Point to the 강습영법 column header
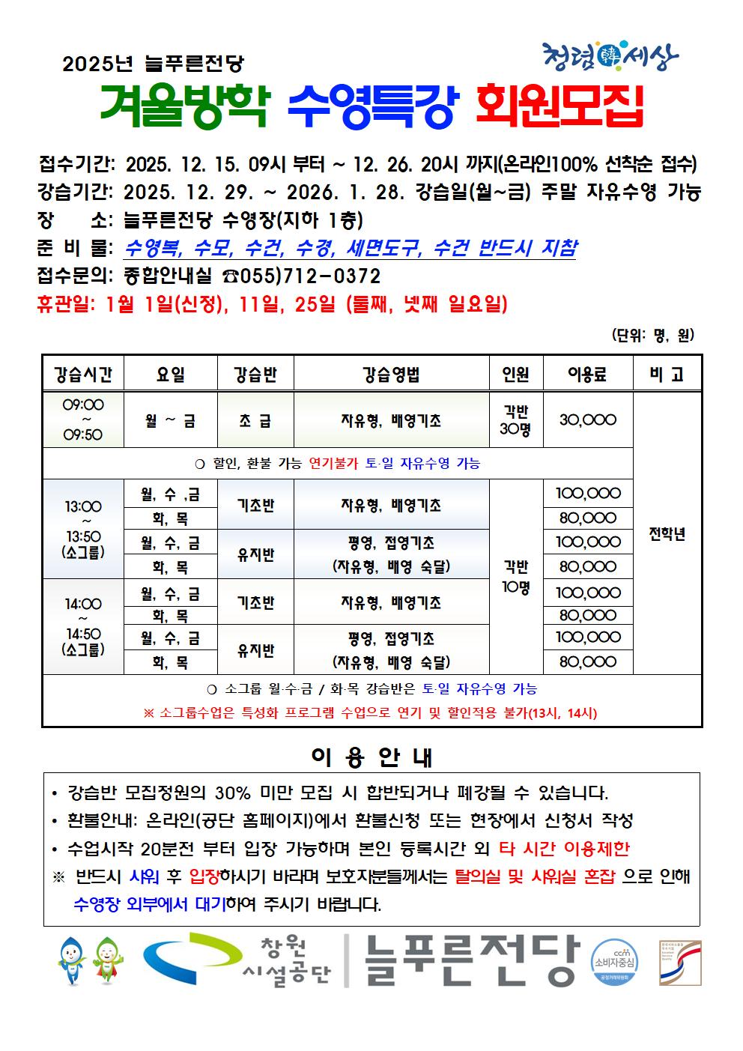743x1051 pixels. pyautogui.click(x=391, y=374)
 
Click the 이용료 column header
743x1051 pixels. pyautogui.click(x=587, y=374)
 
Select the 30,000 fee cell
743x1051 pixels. pyautogui.click(x=587, y=420)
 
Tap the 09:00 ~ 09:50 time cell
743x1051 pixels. pyautogui.click(x=82, y=420)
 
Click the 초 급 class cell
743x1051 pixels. pyautogui.click(x=255, y=420)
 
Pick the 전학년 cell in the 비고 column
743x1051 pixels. pyautogui.click(x=667, y=534)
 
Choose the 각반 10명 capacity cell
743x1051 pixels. pyautogui.click(x=515, y=577)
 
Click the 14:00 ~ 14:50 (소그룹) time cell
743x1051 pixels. pyautogui.click(x=82, y=626)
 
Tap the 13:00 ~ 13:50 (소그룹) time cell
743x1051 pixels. pyautogui.click(x=82, y=529)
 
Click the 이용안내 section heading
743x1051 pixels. pyautogui.click(x=371, y=757)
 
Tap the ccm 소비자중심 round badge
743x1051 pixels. pyautogui.click(x=614, y=961)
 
